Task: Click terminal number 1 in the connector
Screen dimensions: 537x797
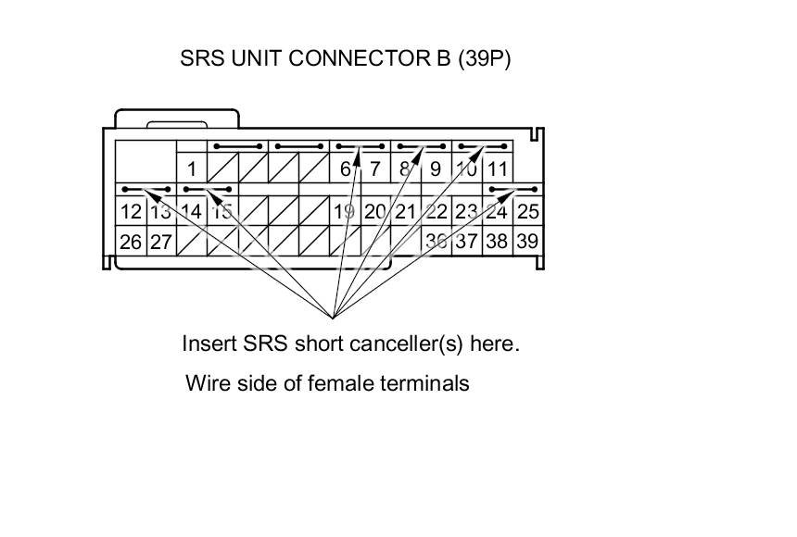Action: pos(191,169)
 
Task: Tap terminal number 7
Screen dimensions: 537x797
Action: pos(374,169)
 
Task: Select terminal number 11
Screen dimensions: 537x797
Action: pos(498,169)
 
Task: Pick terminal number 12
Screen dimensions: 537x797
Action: pos(130,211)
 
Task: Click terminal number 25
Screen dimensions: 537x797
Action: pos(527,211)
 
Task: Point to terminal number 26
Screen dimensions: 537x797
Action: pos(130,242)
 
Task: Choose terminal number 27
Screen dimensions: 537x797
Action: pos(160,242)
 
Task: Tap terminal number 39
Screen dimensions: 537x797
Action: pos(527,242)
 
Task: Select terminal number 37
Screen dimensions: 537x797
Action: pos(466,242)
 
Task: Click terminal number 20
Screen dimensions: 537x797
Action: pos(374,211)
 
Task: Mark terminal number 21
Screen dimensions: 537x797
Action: pos(405,211)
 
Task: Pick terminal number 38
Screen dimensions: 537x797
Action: pos(497,242)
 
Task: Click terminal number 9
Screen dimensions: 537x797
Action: pos(436,169)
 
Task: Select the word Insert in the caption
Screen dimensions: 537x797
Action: pos(209,343)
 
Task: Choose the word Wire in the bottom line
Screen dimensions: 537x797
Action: pos(206,382)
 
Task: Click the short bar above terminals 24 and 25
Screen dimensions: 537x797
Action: pos(512,190)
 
